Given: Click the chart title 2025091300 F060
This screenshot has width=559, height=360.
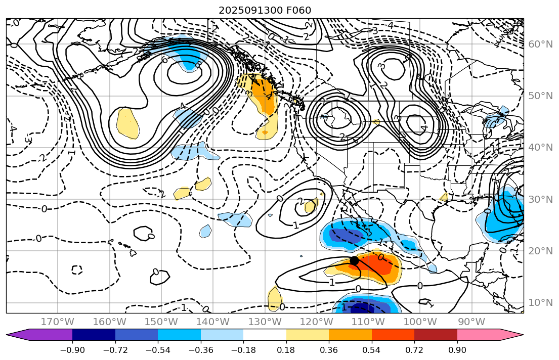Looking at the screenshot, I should [265, 10].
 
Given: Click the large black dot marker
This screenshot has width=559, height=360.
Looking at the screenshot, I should [354, 260].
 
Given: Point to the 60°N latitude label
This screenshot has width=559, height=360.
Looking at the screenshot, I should [540, 44].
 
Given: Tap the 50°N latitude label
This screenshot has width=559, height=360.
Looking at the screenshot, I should [540, 96].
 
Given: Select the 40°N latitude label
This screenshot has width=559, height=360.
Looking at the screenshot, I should [540, 148].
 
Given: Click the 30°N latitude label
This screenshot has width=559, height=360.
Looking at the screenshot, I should [540, 199].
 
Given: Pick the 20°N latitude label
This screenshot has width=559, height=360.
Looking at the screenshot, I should [540, 251].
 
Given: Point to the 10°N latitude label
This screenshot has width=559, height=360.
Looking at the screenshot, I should [540, 303].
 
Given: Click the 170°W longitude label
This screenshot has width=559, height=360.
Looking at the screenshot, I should [58, 322].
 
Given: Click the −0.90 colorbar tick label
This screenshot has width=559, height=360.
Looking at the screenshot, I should [72, 350].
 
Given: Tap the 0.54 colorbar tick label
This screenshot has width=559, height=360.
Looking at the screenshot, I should [372, 350].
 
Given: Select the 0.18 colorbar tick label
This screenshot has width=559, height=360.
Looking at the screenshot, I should [286, 350].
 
